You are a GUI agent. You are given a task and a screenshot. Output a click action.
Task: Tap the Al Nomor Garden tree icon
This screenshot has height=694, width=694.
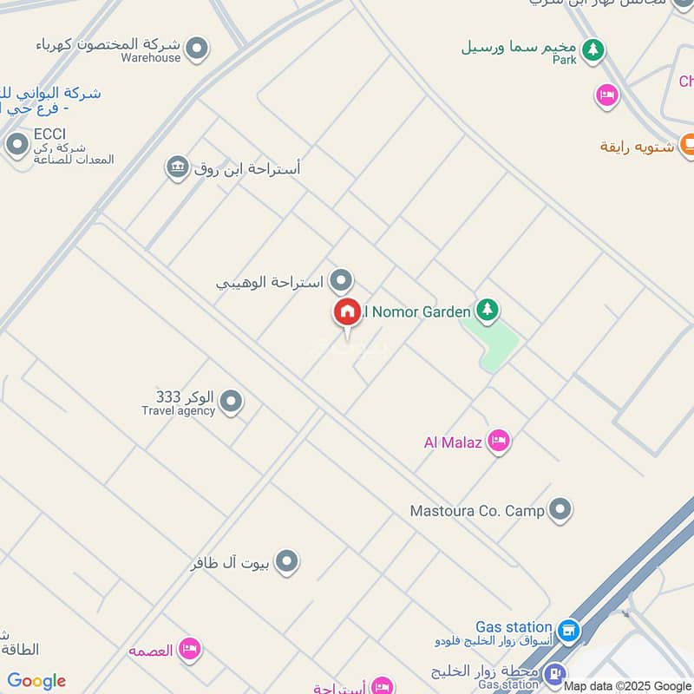coord(488,310)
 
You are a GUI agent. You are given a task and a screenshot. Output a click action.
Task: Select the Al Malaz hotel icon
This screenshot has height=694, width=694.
coord(498,442)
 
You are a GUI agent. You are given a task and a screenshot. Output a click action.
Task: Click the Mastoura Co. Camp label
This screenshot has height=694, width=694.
coord(477,511)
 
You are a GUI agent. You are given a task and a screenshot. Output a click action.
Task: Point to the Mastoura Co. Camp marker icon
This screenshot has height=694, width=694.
coord(560,509)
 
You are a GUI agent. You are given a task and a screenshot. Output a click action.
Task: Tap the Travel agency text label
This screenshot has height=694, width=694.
coord(178,411)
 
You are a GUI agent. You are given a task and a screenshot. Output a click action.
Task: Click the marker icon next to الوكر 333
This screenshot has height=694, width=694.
coord(231,402)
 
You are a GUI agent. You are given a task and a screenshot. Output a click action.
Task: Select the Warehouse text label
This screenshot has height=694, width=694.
coord(150,58)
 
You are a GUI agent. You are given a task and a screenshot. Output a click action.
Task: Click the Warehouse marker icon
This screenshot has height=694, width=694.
coord(198,49)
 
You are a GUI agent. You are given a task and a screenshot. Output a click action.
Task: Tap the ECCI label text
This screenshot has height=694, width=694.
coord(50,134)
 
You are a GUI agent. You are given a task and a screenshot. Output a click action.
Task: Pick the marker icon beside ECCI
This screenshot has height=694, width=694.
coord(16,145)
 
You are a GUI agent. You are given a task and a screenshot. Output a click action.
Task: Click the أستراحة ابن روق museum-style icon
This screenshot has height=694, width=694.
coord(178,167)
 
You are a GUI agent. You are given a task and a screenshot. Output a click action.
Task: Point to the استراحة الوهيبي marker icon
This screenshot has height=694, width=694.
coord(342,280)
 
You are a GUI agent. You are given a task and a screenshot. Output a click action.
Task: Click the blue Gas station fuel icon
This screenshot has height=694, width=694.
coord(568,631)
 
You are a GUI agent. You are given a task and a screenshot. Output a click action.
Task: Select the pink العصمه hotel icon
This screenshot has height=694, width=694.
coord(189,649)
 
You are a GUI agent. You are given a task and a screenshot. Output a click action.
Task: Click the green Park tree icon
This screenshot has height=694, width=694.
coord(593,49)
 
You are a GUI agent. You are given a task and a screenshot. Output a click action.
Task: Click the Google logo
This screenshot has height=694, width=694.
coord(36,682)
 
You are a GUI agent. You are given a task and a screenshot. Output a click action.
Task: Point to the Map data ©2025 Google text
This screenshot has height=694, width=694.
coord(627,685)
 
